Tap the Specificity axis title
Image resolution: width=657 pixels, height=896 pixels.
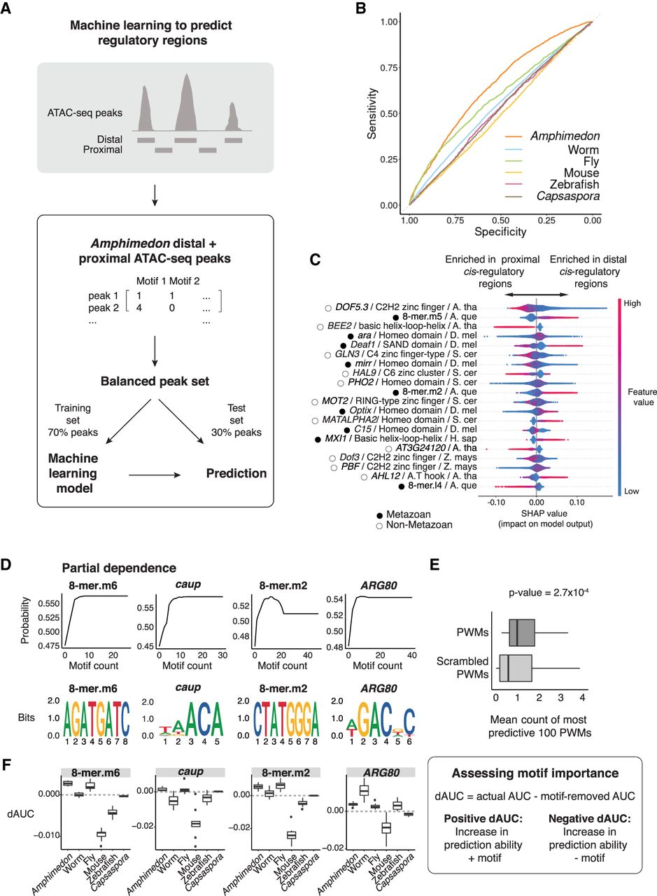pyautogui.click(x=500, y=228)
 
